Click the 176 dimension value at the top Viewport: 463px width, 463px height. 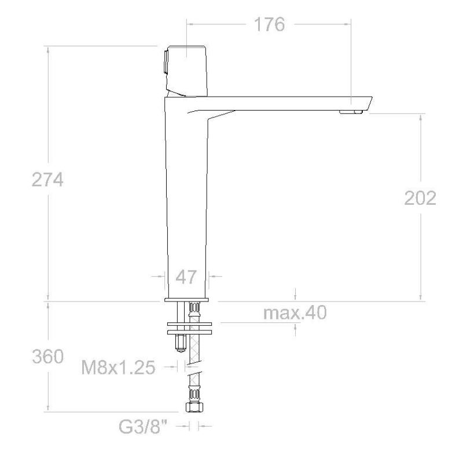(269, 24)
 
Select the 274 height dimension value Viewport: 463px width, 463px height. (47, 179)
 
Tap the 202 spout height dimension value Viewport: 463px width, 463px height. (420, 198)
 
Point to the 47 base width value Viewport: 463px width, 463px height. (186, 277)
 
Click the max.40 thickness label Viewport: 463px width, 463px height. (295, 313)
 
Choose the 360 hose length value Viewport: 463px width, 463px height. (48, 357)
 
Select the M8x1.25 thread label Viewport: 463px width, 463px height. (118, 368)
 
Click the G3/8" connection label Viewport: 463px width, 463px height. (143, 427)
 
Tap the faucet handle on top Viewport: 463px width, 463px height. (187, 71)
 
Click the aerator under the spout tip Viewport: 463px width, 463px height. (351, 112)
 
